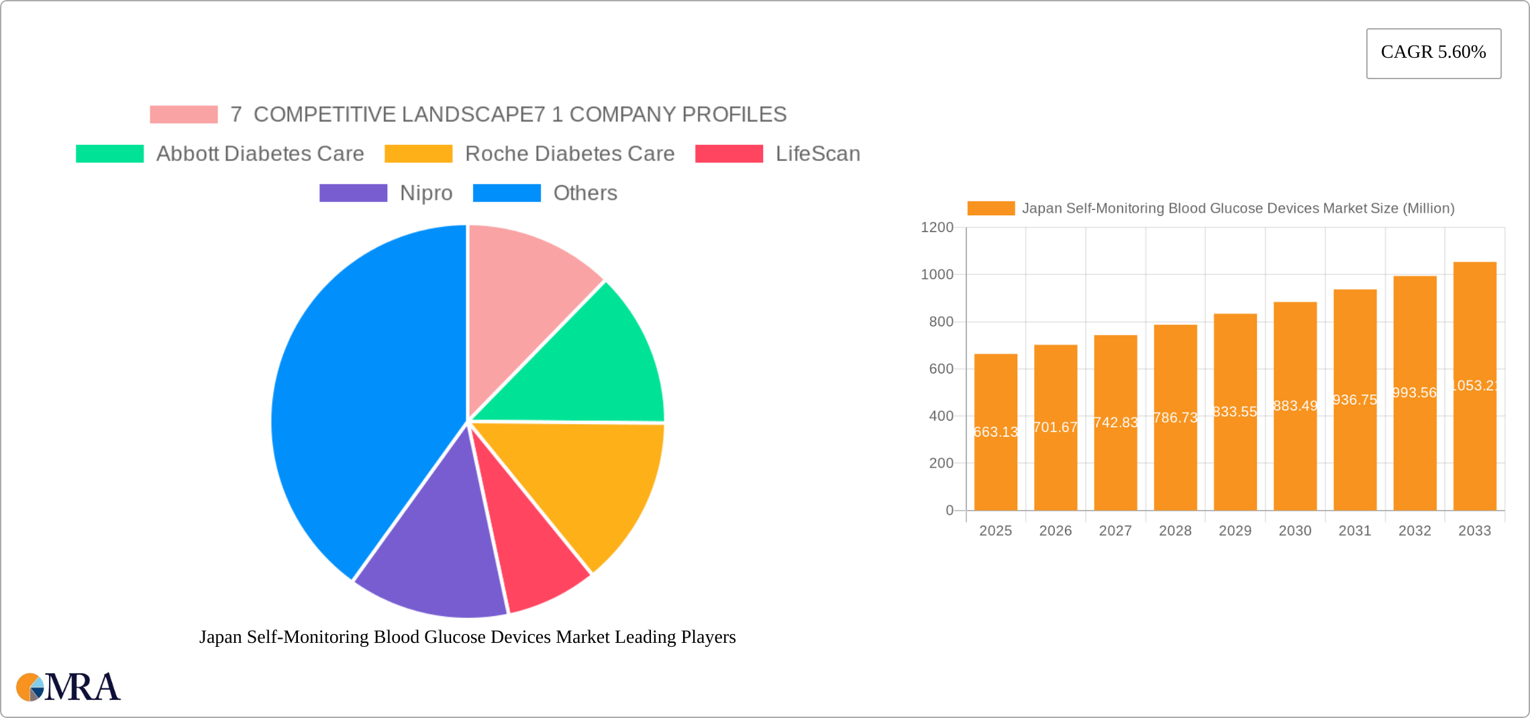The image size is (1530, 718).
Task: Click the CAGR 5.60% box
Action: [1433, 53]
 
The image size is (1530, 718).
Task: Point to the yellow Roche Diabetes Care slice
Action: [591, 483]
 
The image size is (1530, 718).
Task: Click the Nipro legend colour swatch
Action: [353, 193]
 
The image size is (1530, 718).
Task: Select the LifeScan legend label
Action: [817, 154]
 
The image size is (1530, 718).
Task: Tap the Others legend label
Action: [585, 193]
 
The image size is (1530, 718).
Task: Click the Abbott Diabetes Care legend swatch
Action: [109, 154]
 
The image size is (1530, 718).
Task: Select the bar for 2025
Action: [995, 432]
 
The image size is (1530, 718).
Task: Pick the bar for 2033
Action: [1474, 386]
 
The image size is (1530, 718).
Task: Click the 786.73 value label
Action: [1175, 417]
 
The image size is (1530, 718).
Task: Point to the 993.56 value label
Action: [1415, 393]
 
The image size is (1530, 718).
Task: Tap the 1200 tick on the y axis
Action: [937, 227]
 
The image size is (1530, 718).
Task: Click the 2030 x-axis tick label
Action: [1294, 531]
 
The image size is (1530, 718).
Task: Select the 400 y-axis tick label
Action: [941, 416]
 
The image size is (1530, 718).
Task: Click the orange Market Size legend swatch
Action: [990, 209]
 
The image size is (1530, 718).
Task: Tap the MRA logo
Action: [68, 687]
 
